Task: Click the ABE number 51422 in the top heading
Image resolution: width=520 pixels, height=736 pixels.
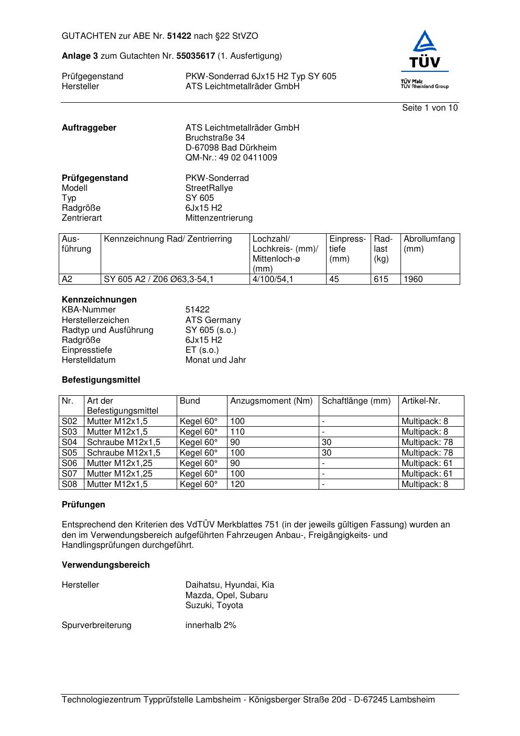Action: [179, 36]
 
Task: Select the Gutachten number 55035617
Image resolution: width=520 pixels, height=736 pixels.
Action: [196, 56]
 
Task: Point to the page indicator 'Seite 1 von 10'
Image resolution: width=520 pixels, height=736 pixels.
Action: [429, 108]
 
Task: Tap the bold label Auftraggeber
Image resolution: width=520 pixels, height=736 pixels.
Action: [89, 128]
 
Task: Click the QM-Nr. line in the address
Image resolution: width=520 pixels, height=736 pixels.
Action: [231, 158]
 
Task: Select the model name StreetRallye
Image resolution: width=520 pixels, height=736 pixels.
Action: [209, 188]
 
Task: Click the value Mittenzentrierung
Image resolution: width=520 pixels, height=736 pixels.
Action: [219, 218]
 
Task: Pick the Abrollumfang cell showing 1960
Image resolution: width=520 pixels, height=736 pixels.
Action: [413, 279]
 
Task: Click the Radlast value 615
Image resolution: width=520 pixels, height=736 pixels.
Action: [381, 279]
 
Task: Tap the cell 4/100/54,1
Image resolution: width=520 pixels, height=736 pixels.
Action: [273, 279]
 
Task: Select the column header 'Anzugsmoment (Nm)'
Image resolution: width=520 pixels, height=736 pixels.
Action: [271, 401]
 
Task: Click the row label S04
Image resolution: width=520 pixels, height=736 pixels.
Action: [70, 442]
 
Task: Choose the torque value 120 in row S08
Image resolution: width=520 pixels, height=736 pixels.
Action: [237, 484]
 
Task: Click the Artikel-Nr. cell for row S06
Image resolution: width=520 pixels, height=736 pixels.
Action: [427, 463]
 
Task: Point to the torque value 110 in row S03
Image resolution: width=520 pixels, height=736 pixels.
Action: [237, 432]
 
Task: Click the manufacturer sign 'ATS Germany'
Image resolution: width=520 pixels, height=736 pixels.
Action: [213, 320]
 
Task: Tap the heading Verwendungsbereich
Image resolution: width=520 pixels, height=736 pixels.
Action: [106, 565]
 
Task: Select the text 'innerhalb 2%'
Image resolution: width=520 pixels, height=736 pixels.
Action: [211, 625]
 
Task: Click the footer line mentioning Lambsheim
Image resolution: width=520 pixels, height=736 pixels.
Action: [248, 700]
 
